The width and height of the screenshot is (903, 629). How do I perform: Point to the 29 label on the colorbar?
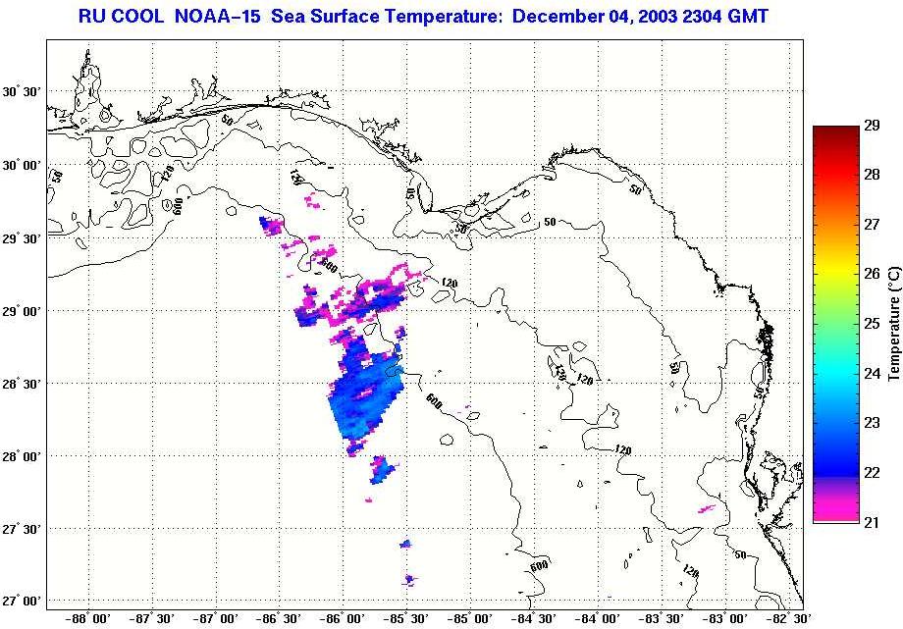[x=871, y=126]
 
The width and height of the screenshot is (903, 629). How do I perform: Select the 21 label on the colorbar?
[x=871, y=521]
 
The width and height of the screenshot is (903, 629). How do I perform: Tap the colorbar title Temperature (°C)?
[x=894, y=323]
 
